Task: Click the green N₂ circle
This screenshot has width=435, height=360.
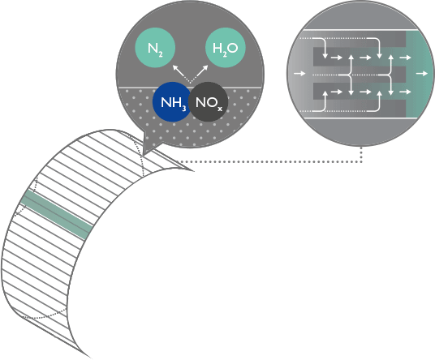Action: click(x=155, y=47)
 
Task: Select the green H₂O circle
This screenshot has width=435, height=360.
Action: click(x=226, y=47)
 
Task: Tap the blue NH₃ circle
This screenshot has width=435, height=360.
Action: click(x=172, y=102)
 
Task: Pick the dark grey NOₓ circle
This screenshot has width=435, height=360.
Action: click(x=209, y=102)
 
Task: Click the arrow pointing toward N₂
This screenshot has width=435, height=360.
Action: click(x=181, y=74)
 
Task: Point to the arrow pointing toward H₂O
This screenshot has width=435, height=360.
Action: click(x=199, y=74)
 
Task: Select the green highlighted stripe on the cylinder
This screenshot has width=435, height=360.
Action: click(x=57, y=215)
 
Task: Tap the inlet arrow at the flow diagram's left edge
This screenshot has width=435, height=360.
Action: click(x=299, y=74)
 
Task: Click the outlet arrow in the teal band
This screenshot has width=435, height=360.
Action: click(x=422, y=74)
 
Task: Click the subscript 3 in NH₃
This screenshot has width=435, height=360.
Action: click(x=184, y=108)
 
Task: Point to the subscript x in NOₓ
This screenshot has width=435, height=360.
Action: click(x=220, y=109)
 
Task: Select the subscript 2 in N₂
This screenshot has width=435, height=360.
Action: click(x=161, y=54)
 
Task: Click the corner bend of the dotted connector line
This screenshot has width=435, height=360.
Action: click(x=361, y=162)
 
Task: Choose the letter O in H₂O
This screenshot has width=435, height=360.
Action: click(x=232, y=48)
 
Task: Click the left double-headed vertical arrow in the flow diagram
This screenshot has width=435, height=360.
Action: click(x=351, y=75)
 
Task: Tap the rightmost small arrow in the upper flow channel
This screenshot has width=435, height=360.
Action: click(x=405, y=58)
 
